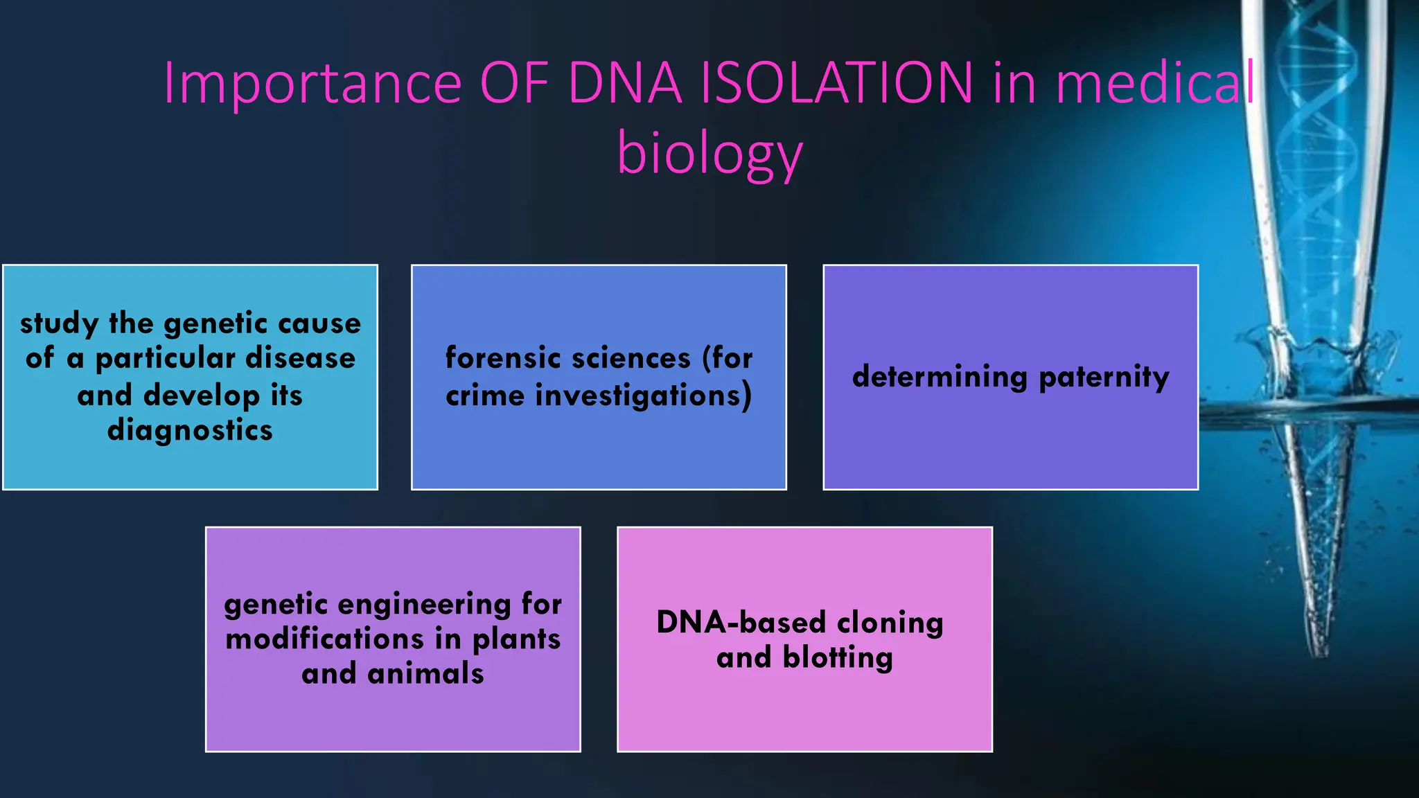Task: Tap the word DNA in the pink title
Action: pos(625,83)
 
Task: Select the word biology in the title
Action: pos(709,154)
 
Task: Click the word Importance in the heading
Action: pos(312,83)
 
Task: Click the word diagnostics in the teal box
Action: pos(190,431)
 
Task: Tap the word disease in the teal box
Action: pos(300,358)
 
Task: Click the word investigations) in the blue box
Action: pos(643,396)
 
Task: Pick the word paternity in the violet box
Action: pos(1104,378)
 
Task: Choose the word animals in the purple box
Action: pos(425,673)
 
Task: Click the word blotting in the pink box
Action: pos(838,657)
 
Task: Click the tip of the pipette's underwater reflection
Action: pos(1319,651)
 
